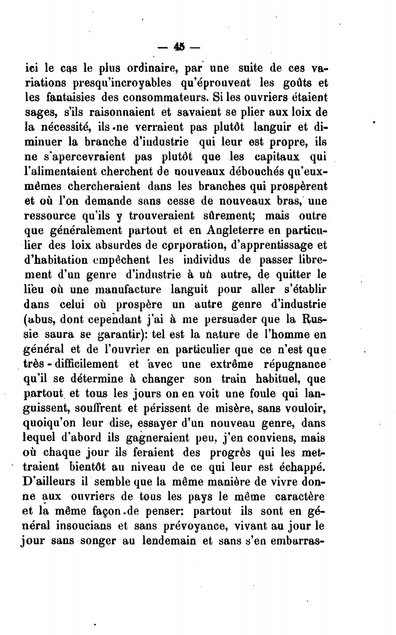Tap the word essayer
click(x=158, y=424)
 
